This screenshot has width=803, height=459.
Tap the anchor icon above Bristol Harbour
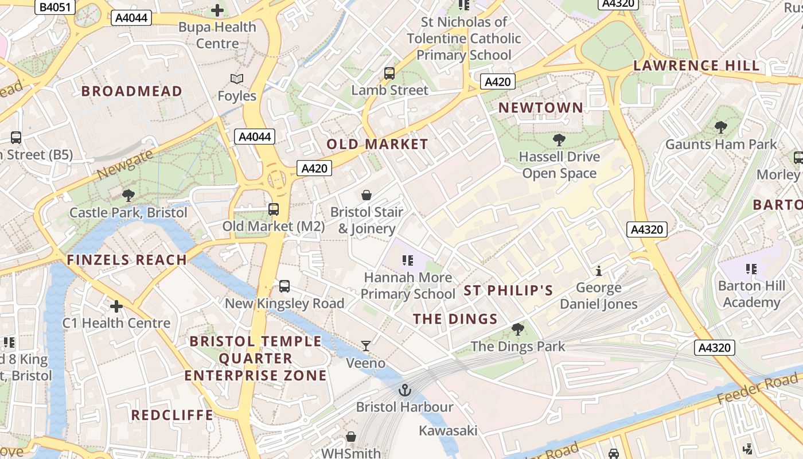[x=405, y=390]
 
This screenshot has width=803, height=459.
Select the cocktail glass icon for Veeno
[x=366, y=345]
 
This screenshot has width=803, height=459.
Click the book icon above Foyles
[x=236, y=79]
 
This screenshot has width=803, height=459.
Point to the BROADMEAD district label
[x=132, y=91]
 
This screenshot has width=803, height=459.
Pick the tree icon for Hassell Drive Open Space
[x=559, y=139]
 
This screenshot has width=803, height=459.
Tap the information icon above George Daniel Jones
[x=599, y=270]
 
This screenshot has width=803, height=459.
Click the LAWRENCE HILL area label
[x=696, y=65]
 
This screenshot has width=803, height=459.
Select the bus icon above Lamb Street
[x=389, y=73]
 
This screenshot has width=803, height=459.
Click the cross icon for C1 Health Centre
[x=116, y=306]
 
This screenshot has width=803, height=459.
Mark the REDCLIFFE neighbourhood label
[x=172, y=415]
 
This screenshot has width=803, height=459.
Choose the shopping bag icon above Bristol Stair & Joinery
[x=367, y=195]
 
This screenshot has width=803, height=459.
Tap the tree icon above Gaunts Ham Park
[x=721, y=127]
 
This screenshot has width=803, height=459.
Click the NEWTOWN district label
[x=540, y=108]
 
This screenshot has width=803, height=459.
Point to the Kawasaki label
[x=448, y=430]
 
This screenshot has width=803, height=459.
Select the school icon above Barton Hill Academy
[x=752, y=269]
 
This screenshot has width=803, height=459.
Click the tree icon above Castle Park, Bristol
[x=128, y=196]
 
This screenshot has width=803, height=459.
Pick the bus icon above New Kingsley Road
[x=284, y=286]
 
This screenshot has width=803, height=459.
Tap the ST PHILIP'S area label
[x=508, y=290]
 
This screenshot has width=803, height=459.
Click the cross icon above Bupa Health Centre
[x=217, y=10]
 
